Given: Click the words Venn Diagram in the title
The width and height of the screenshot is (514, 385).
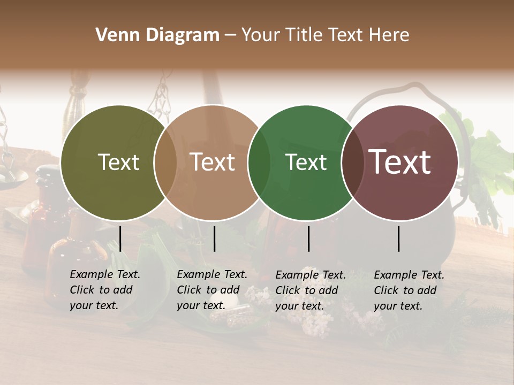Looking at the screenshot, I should [x=157, y=35].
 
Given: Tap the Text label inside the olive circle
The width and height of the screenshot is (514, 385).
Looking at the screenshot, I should [x=118, y=162].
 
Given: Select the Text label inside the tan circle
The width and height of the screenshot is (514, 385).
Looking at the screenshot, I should [x=213, y=162].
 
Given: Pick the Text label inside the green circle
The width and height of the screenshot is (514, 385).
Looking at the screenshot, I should [x=306, y=162].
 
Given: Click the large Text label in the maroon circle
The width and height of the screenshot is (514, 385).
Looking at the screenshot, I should [x=400, y=162].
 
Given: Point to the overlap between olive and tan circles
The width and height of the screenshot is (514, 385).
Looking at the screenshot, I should [x=165, y=163].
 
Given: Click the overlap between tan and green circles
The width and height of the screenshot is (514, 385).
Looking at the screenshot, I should [x=259, y=163].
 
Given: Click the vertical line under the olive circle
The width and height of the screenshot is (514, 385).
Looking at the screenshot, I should [x=120, y=238].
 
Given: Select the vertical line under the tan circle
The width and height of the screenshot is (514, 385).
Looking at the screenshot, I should [x=214, y=238].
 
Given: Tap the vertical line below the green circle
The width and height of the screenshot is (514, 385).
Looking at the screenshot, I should [x=309, y=238].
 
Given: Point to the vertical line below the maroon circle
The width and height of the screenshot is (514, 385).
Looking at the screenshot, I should [x=399, y=238].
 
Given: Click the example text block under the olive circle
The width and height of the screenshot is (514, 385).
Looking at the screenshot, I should [x=104, y=290].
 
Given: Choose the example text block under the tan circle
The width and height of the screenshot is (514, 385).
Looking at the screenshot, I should [x=211, y=290].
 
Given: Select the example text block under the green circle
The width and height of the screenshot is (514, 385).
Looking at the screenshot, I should [x=310, y=290].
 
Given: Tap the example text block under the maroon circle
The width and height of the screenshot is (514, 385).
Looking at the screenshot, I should [x=409, y=290].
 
